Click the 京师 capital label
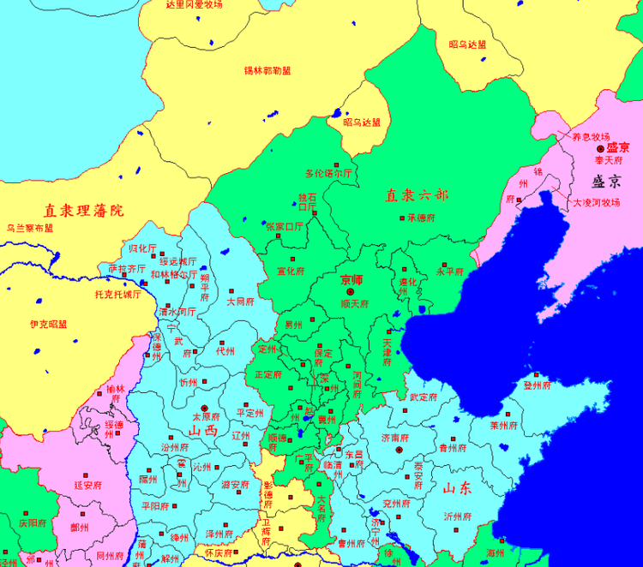click(x=352, y=280)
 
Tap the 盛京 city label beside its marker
click(x=617, y=148)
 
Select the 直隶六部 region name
click(x=417, y=195)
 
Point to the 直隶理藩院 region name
click(x=84, y=210)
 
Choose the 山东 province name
click(x=457, y=489)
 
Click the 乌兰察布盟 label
click(x=30, y=229)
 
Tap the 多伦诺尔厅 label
click(x=329, y=174)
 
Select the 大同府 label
click(x=241, y=302)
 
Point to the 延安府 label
click(x=88, y=485)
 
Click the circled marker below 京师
click(x=349, y=292)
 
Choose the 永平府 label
click(x=450, y=272)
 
